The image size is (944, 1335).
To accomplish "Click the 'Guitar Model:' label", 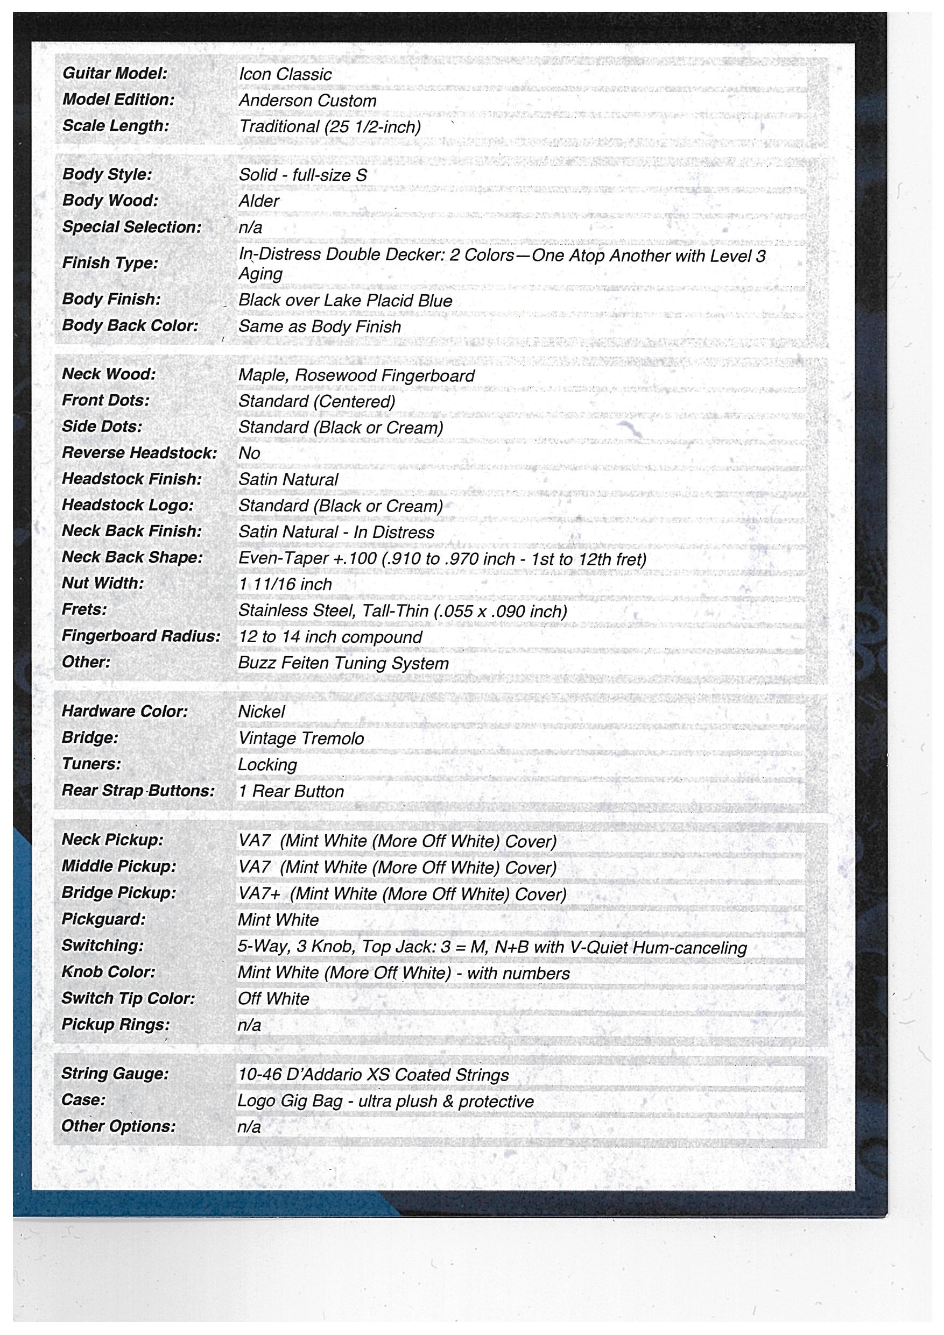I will pos(115,73).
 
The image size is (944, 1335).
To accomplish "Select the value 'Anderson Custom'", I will pos(307,101).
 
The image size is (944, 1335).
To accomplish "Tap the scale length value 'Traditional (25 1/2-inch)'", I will pos(330,127).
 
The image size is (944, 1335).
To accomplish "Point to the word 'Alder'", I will pos(259,201).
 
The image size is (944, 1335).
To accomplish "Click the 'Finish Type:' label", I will pos(110,263).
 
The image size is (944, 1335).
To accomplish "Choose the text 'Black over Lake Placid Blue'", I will pos(345,301).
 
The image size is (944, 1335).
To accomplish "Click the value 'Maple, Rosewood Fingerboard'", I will pos(356,375).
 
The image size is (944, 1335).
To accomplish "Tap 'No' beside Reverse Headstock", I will pos(249,453).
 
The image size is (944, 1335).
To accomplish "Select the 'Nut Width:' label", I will pos(102,583).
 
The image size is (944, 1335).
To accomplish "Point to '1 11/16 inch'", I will pos(285,584).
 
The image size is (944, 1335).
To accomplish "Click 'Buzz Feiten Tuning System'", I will pos(343,663).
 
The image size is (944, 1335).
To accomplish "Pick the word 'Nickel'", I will pos(261,712).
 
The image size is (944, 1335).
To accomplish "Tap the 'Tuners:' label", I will pos(91,764).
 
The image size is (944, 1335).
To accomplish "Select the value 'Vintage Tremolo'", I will pos(301,738).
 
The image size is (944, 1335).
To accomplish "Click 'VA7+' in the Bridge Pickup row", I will pos(259,894).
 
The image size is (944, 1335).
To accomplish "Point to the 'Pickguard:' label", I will pos(103,919).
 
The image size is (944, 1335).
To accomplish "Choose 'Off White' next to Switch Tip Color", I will pos(273,998).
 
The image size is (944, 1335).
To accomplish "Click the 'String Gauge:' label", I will pos(115,1074).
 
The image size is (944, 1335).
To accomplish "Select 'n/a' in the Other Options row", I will pos(249,1127).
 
